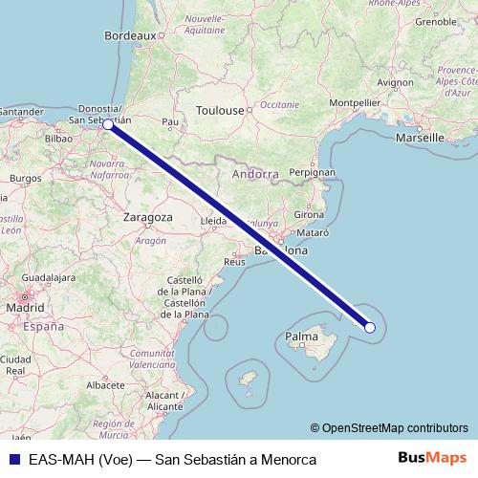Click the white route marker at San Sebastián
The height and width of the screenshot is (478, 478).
point(108,124)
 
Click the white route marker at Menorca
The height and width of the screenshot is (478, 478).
point(370,328)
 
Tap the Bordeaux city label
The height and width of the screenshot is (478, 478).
point(129,34)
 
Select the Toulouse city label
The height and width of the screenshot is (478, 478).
point(220,111)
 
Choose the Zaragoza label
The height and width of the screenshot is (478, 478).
point(147,217)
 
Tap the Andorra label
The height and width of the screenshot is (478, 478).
point(254,175)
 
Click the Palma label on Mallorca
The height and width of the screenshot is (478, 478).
point(301,337)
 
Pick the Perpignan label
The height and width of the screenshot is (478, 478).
point(312,173)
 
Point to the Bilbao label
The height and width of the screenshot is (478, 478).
point(58,139)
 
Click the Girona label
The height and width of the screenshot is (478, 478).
point(309,214)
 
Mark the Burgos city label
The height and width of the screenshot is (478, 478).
point(26,178)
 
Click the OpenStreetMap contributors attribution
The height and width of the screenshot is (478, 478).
point(395,428)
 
